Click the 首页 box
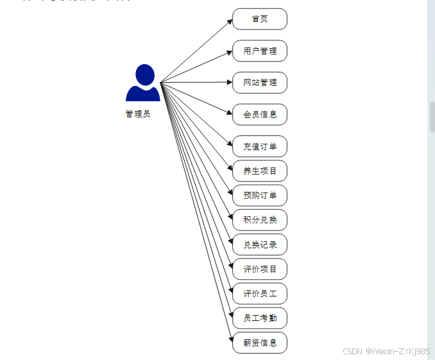[x=259, y=19]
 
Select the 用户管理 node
[x=259, y=51]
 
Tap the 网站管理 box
[x=259, y=83]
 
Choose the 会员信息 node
[x=259, y=114]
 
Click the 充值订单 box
[x=259, y=146]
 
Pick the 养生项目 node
[x=259, y=171]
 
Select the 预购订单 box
[x=259, y=195]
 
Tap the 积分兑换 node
[x=259, y=219]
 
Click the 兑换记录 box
[x=259, y=244]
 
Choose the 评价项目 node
[x=259, y=269]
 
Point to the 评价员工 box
[x=259, y=293]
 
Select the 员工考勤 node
[x=259, y=318]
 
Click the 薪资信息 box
[x=259, y=343]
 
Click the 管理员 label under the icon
[x=138, y=114]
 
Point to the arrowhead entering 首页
[x=230, y=21]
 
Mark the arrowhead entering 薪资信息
[x=230, y=339]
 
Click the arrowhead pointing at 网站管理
[x=229, y=83]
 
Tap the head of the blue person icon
[x=145, y=74]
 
